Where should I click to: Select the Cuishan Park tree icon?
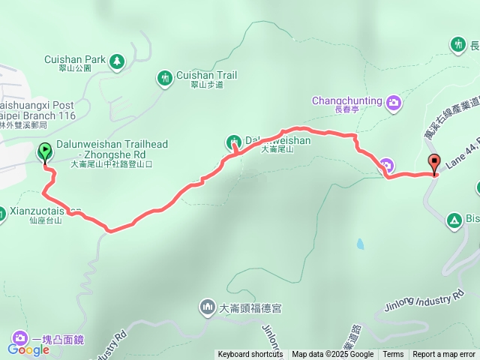(x=117, y=61)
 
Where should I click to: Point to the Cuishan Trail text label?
(x=206, y=76)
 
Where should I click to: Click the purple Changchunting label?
(x=346, y=101)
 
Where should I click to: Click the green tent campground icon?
(x=453, y=220)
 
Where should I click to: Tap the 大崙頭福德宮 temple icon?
(x=207, y=307)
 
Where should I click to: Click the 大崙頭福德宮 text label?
(x=250, y=307)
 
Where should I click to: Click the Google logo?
(x=28, y=349)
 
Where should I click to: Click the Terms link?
(x=393, y=355)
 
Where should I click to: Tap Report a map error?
(x=444, y=355)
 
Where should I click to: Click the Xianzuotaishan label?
(x=34, y=212)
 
